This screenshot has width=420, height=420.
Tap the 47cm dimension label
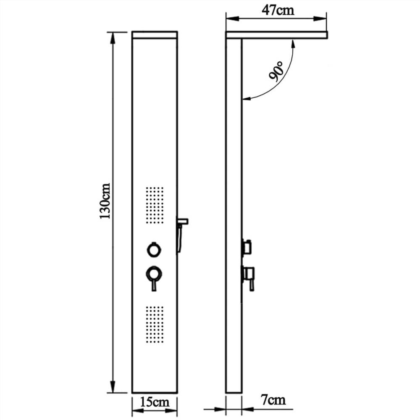tap(278, 10)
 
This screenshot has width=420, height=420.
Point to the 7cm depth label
tap(273, 399)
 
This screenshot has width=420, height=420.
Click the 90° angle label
tap(277, 71)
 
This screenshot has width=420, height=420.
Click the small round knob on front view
tap(154, 250)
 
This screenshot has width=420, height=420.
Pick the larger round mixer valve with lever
tap(154, 275)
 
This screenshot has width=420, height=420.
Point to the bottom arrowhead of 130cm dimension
tap(113, 388)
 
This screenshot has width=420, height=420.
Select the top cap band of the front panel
tap(155, 35)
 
